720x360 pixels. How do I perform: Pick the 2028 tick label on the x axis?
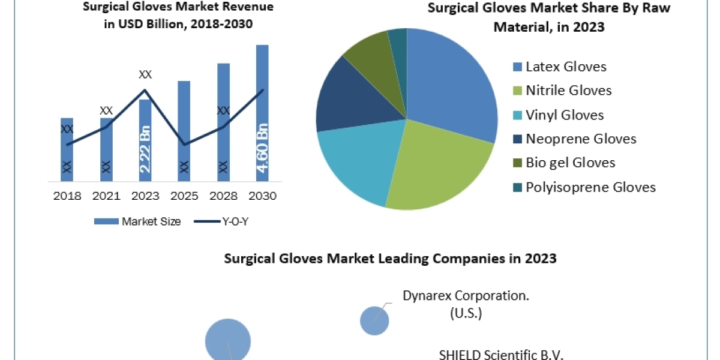tap(223, 196)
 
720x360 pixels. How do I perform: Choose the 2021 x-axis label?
tap(106, 196)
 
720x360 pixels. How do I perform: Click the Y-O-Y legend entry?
tap(221, 221)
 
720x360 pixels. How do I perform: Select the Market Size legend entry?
tap(137, 221)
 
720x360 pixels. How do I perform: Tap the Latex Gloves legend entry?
tap(566, 67)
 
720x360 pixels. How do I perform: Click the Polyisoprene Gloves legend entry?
tap(590, 187)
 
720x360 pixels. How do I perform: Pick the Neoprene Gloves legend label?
tap(581, 139)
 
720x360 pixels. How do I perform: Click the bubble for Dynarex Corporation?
tap(374, 320)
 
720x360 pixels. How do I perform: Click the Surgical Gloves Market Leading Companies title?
tap(390, 259)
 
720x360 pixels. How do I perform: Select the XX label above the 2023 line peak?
tap(145, 75)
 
